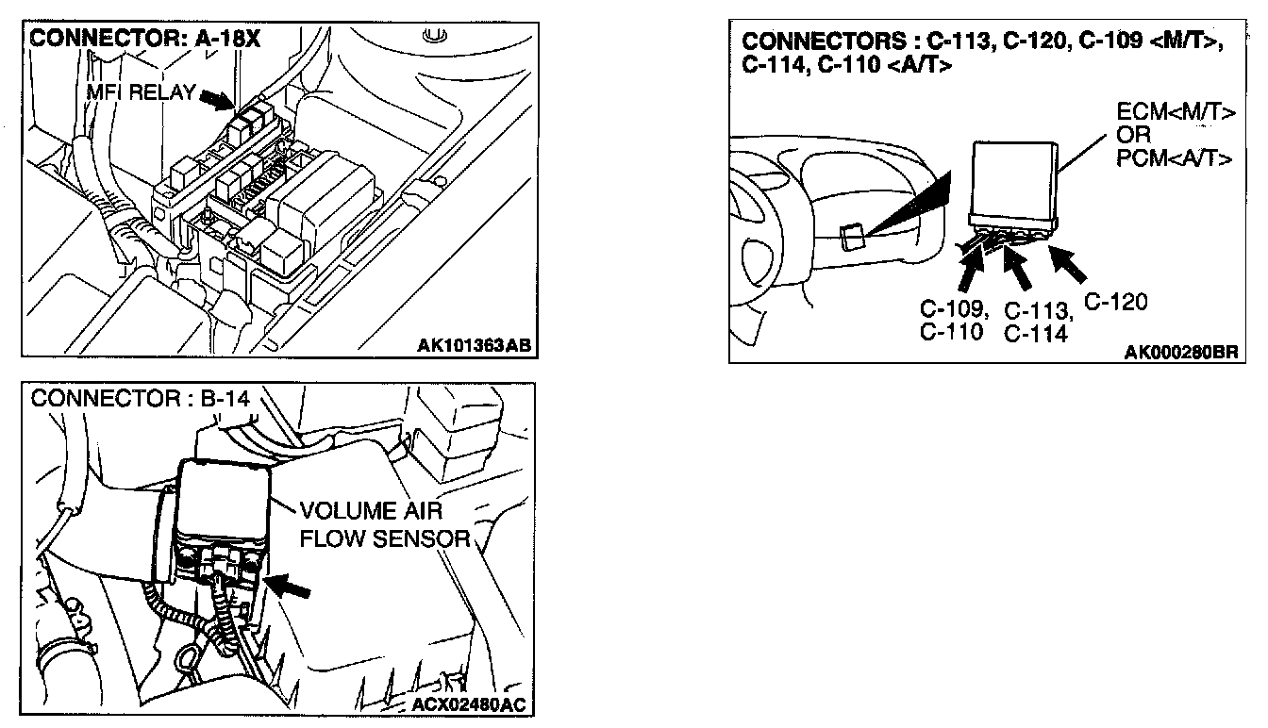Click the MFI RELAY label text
[140, 93]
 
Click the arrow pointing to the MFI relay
[215, 98]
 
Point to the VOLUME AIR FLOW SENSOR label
[383, 525]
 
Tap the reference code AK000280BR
[1180, 352]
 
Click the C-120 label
[1115, 302]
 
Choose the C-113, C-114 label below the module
[1037, 322]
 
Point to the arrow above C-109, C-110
[969, 269]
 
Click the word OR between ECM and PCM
[1132, 135]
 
